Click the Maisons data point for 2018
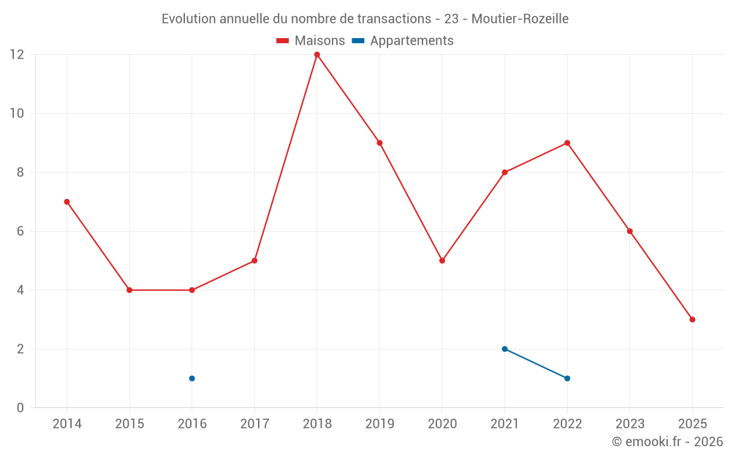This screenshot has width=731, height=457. click(x=317, y=55)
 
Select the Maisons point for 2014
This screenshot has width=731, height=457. click(x=67, y=202)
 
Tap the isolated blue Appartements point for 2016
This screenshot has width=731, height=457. click(x=192, y=378)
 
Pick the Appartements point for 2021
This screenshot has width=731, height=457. click(x=504, y=349)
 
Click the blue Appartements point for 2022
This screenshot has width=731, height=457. click(x=567, y=378)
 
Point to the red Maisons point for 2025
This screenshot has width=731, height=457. click(x=692, y=320)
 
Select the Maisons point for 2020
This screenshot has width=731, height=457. click(x=442, y=260)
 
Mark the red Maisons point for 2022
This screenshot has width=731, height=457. click(x=567, y=143)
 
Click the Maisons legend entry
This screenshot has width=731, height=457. click(x=311, y=41)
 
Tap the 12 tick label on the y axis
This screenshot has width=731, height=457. click(x=16, y=55)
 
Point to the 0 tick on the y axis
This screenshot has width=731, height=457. click(x=20, y=407)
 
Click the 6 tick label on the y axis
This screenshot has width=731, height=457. click(x=20, y=231)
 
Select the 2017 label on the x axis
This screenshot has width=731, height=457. click(x=254, y=424)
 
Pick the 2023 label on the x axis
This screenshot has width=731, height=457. click(x=629, y=424)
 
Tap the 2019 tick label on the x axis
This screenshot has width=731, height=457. click(x=379, y=424)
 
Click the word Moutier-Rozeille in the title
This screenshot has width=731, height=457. click(x=520, y=19)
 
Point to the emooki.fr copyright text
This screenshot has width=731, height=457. click(x=667, y=442)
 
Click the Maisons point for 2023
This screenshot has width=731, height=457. click(x=629, y=231)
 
